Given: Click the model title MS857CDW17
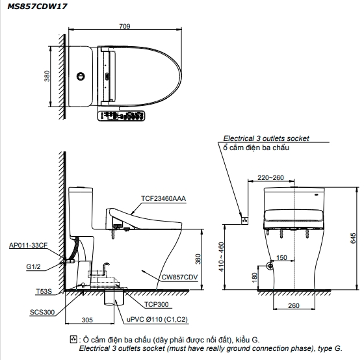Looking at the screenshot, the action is click(37, 6).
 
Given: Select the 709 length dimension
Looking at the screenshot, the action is click(125, 26).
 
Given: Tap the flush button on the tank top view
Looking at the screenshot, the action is click(81, 76).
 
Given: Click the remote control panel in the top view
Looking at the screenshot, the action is click(121, 116).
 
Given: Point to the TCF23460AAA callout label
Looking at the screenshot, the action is click(163, 198).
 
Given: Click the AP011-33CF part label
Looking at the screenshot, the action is click(28, 245).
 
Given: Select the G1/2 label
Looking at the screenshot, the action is click(33, 266).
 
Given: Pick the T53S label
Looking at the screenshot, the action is click(44, 291).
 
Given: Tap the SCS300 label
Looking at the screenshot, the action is click(42, 312).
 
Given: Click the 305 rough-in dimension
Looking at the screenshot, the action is click(87, 320).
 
